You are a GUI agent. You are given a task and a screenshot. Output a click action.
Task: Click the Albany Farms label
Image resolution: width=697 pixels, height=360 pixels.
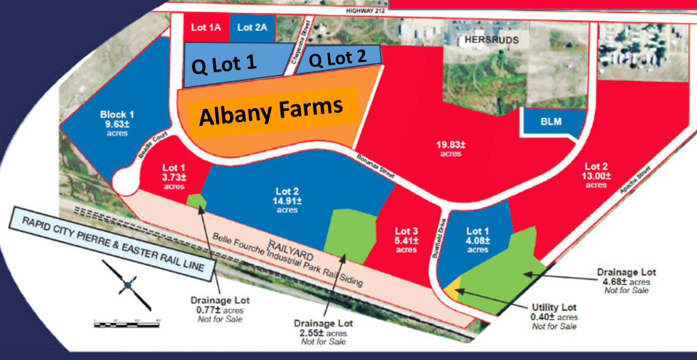(x=270, y=111)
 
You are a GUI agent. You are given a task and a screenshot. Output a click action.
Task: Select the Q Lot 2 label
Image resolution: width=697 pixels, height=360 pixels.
(x=338, y=59)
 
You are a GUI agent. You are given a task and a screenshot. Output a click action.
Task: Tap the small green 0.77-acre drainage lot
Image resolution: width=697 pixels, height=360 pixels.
(x=197, y=201)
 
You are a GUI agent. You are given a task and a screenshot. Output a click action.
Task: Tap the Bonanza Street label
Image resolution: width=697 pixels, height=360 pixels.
(x=374, y=165)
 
